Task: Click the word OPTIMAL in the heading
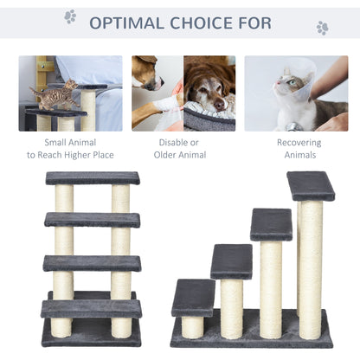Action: [128, 21]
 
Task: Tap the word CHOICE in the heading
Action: [206, 21]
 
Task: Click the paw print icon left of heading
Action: [69, 16]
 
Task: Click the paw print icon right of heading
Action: [322, 27]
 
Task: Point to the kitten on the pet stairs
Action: [52, 95]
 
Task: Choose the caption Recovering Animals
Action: [296, 148]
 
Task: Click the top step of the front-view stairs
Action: [93, 177]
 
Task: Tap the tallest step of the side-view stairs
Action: [311, 185]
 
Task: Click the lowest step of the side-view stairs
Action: [193, 298]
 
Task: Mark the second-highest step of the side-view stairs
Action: [271, 224]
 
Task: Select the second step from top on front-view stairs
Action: [93, 220]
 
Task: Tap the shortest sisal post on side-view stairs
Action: [193, 326]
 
